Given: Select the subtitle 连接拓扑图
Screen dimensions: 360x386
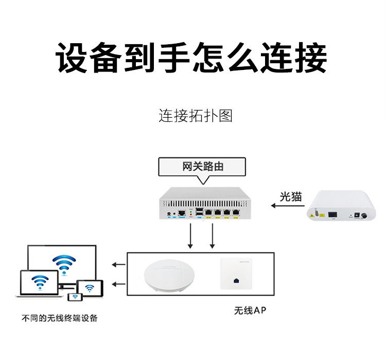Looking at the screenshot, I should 195,116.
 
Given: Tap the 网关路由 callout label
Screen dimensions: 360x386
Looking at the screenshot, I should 203,167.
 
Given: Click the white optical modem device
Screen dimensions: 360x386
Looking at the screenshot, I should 340,206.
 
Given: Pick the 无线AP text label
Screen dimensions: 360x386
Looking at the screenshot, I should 251,311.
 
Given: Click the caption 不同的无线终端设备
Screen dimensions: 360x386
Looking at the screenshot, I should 59,318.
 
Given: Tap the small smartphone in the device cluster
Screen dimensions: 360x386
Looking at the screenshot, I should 74,297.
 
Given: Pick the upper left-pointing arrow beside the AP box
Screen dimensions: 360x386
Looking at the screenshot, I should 118,265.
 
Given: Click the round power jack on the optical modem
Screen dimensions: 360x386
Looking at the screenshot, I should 367,215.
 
